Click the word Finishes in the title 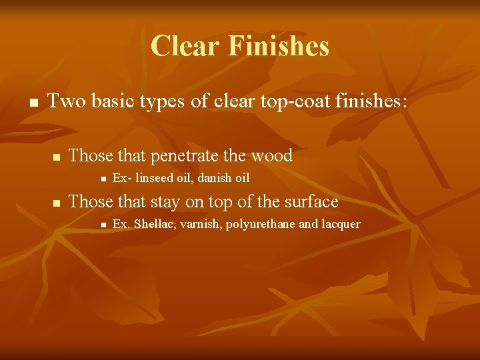[x=279, y=46]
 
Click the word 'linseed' [x=152, y=178]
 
